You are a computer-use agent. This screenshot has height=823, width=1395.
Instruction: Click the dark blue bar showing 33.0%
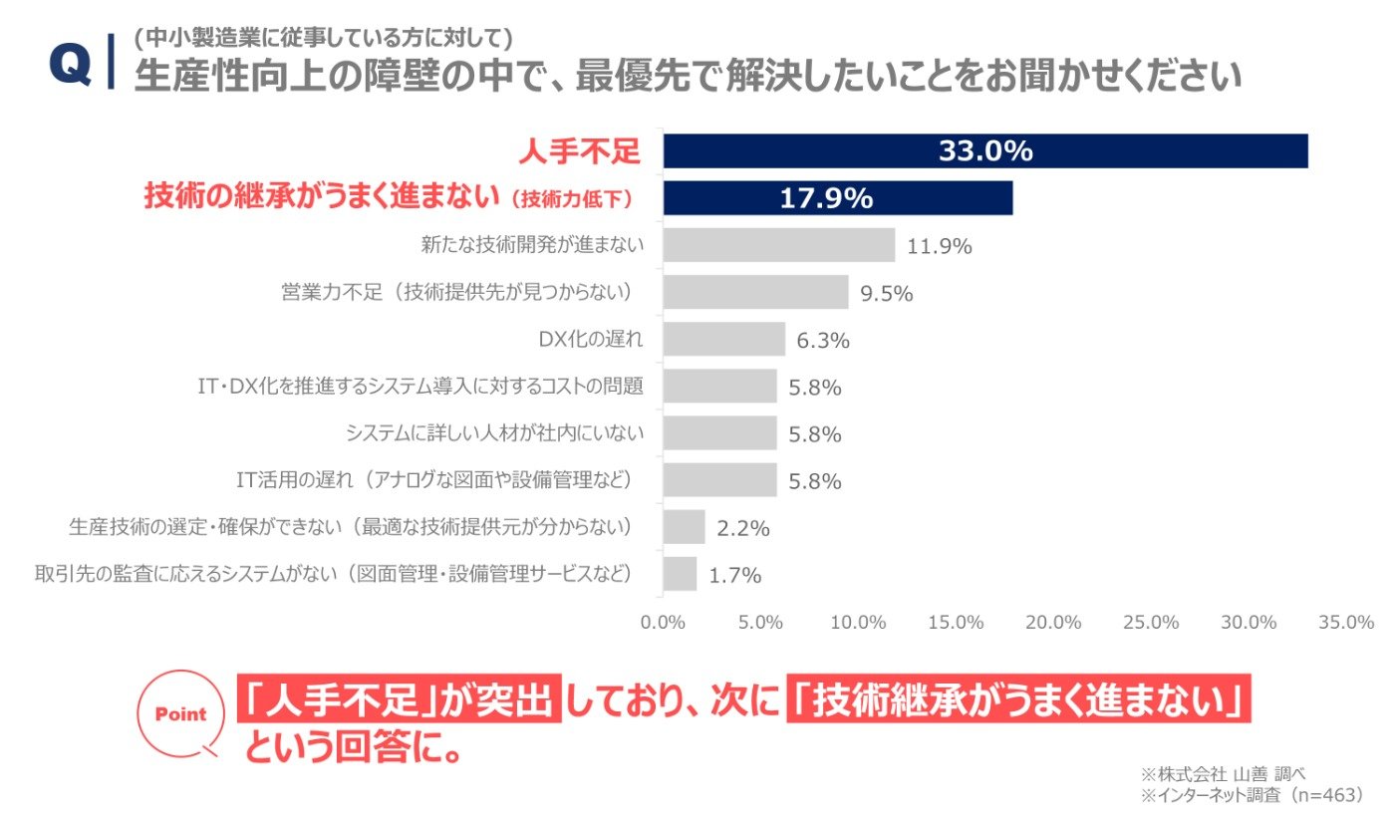pyautogui.click(x=985, y=150)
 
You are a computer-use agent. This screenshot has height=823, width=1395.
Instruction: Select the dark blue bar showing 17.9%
pyautogui.click(x=838, y=198)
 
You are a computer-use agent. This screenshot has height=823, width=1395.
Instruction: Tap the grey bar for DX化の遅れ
pyautogui.click(x=724, y=339)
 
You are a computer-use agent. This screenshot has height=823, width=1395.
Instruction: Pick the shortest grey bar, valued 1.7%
pyautogui.click(x=680, y=573)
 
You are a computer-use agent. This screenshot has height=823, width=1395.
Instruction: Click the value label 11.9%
pyautogui.click(x=939, y=246)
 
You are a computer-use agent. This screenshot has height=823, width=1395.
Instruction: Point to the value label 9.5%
pyautogui.click(x=886, y=293)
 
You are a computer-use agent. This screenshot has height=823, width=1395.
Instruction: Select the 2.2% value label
pyautogui.click(x=743, y=528)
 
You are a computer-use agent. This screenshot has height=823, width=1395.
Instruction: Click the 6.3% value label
pyautogui.click(x=823, y=341)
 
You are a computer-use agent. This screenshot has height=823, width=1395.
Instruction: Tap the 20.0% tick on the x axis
pyautogui.click(x=1053, y=622)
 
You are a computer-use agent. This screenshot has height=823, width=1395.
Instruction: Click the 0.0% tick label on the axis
pyautogui.click(x=663, y=622)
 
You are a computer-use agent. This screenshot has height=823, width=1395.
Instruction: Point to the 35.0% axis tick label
pyautogui.click(x=1346, y=622)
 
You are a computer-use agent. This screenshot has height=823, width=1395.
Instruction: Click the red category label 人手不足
pyautogui.click(x=579, y=151)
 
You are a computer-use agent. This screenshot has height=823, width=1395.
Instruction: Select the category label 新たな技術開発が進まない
pyautogui.click(x=532, y=245)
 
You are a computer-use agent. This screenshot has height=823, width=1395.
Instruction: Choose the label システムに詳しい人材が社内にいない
pyautogui.click(x=494, y=432)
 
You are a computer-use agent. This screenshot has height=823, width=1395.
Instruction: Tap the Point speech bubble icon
pyautogui.click(x=180, y=714)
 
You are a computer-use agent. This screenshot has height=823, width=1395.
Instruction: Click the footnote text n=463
pyautogui.click(x=1327, y=795)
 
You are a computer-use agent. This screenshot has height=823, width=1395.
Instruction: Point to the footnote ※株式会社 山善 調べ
pyautogui.click(x=1224, y=774)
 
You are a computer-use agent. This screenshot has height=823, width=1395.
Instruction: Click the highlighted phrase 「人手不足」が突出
pyautogui.click(x=400, y=698)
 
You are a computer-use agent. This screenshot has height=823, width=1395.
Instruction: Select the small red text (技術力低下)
pyautogui.click(x=572, y=199)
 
